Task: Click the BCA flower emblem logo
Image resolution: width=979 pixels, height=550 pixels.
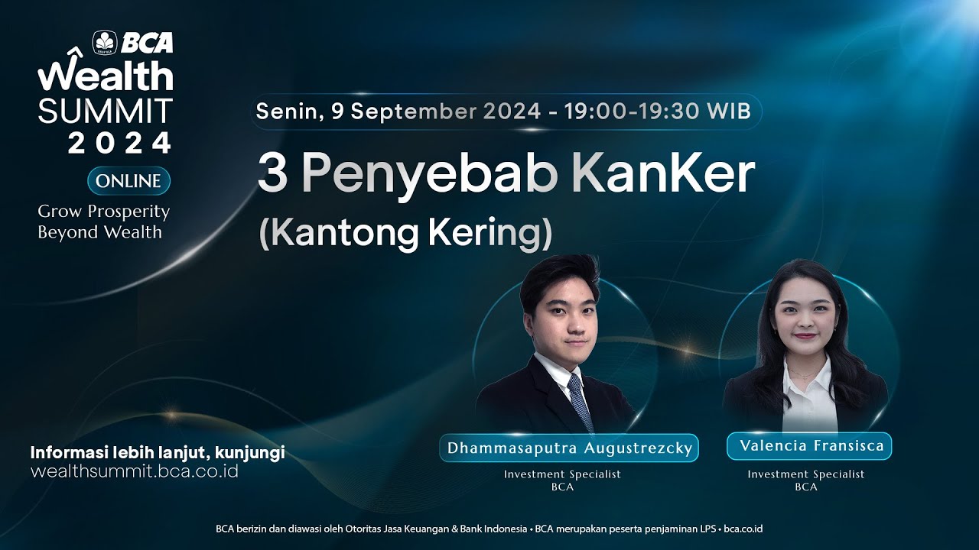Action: click(x=105, y=42)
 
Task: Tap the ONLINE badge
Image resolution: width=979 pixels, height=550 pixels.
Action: click(x=128, y=181)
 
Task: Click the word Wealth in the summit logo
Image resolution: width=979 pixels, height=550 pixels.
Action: click(x=106, y=74)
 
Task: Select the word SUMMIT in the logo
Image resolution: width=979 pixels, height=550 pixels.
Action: click(x=106, y=111)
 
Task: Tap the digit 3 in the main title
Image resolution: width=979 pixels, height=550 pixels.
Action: click(x=273, y=172)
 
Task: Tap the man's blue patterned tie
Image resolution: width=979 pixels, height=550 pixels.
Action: click(x=580, y=402)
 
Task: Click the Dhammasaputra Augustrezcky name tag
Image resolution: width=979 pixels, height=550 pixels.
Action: click(x=569, y=448)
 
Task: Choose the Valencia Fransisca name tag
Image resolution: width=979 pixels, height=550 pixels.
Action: click(x=809, y=445)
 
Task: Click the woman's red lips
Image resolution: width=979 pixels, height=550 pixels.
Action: click(x=805, y=336)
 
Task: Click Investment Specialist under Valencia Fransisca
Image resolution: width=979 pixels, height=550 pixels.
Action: click(x=806, y=474)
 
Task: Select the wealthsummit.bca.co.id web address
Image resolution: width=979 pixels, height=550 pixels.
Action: click(x=135, y=471)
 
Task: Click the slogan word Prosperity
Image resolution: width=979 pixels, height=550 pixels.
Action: click(x=128, y=212)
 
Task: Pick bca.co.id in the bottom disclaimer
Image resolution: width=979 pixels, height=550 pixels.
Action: click(x=743, y=529)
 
